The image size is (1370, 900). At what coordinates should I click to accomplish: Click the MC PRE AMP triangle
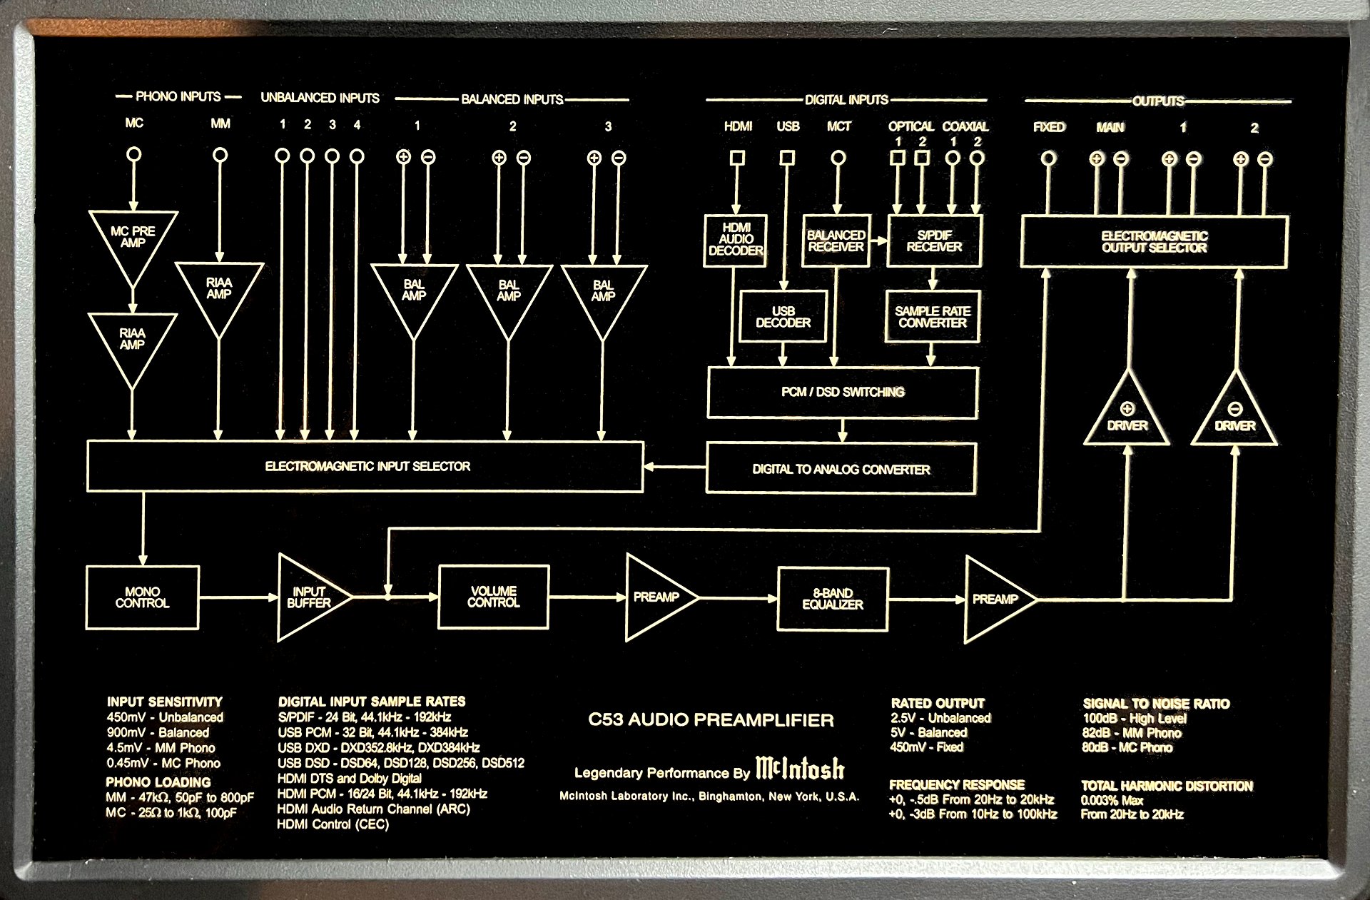(133, 239)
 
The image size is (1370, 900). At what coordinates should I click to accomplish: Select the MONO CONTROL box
(142, 597)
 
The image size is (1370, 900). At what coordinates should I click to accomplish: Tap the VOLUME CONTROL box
(493, 597)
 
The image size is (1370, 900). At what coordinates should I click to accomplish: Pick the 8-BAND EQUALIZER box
(832, 599)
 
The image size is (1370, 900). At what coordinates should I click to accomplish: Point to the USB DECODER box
(783, 317)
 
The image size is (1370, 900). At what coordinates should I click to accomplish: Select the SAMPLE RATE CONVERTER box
(932, 317)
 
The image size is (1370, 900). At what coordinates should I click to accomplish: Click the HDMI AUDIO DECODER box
(735, 240)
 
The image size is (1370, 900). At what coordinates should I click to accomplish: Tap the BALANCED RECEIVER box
(836, 241)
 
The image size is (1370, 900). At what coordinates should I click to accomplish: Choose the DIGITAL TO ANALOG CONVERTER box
(841, 469)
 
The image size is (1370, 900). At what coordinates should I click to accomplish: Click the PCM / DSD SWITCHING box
(842, 392)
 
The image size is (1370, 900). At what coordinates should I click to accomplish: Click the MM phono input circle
(220, 154)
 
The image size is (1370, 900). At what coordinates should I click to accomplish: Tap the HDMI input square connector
(738, 157)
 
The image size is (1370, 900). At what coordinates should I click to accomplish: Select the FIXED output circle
(1047, 158)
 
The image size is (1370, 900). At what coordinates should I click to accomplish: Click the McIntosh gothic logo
(799, 768)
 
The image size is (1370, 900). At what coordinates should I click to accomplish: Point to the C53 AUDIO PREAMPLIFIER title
(711, 719)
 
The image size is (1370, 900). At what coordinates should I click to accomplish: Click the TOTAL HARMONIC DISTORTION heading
(1167, 786)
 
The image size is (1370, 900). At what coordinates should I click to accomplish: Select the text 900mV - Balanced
(158, 732)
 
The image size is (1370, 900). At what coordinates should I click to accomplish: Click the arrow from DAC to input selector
(674, 467)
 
